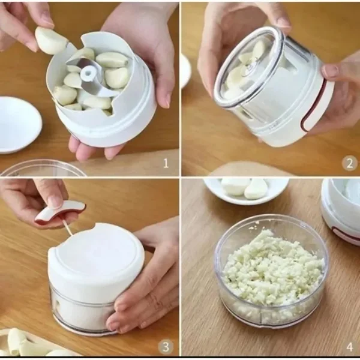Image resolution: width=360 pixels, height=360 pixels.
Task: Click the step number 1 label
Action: point(166,163)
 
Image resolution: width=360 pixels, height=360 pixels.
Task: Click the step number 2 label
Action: point(349,163)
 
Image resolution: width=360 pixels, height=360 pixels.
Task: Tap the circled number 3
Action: point(166,347)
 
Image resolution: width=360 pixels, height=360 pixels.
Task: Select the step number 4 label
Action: point(350,347)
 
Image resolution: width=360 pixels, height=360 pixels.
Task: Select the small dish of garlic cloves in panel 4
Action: point(246,190)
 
